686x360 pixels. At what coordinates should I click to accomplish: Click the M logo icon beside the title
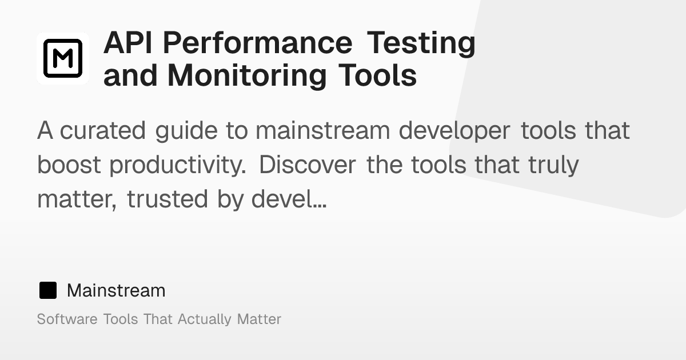pos(63,58)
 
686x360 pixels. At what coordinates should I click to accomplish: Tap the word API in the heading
pos(127,43)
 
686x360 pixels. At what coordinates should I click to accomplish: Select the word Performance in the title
pos(258,43)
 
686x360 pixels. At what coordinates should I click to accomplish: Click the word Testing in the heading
pos(421,44)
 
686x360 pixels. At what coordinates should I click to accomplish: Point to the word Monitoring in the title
pos(247,76)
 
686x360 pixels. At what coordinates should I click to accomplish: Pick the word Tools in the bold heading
pos(378,75)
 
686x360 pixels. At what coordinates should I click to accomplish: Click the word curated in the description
pos(102,131)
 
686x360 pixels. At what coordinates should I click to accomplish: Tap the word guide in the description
pos(186,131)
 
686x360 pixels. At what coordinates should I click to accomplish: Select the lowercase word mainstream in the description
pos(323,131)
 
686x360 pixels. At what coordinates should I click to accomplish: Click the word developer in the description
pos(454,131)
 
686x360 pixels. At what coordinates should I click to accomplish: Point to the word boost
pos(69,165)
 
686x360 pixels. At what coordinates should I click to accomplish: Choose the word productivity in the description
pos(178,166)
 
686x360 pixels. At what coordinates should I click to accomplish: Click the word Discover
pos(308,165)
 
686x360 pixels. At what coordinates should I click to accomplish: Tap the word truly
pos(553,166)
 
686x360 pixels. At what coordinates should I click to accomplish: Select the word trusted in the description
pos(167,199)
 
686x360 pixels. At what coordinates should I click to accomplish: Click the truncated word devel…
pos(289,199)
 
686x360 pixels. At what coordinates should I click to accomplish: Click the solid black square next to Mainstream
pos(48,290)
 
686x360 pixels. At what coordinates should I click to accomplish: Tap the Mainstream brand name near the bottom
pos(116,290)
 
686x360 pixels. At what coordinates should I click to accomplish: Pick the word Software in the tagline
pos(67,319)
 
